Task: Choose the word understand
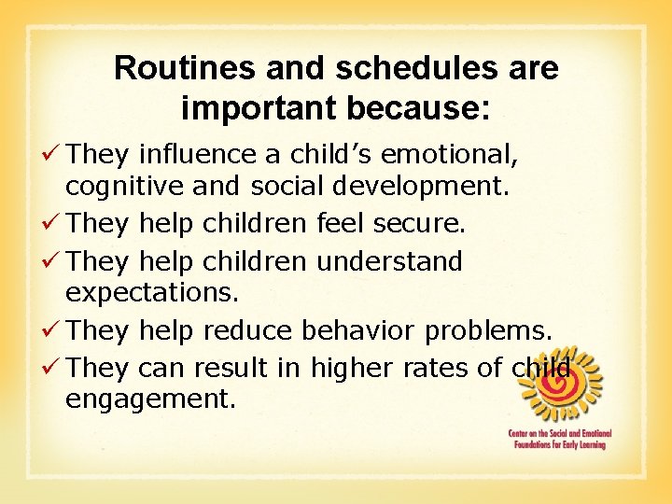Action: point(389,261)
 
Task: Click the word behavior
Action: point(360,329)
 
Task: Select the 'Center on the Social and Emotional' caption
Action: point(556,434)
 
